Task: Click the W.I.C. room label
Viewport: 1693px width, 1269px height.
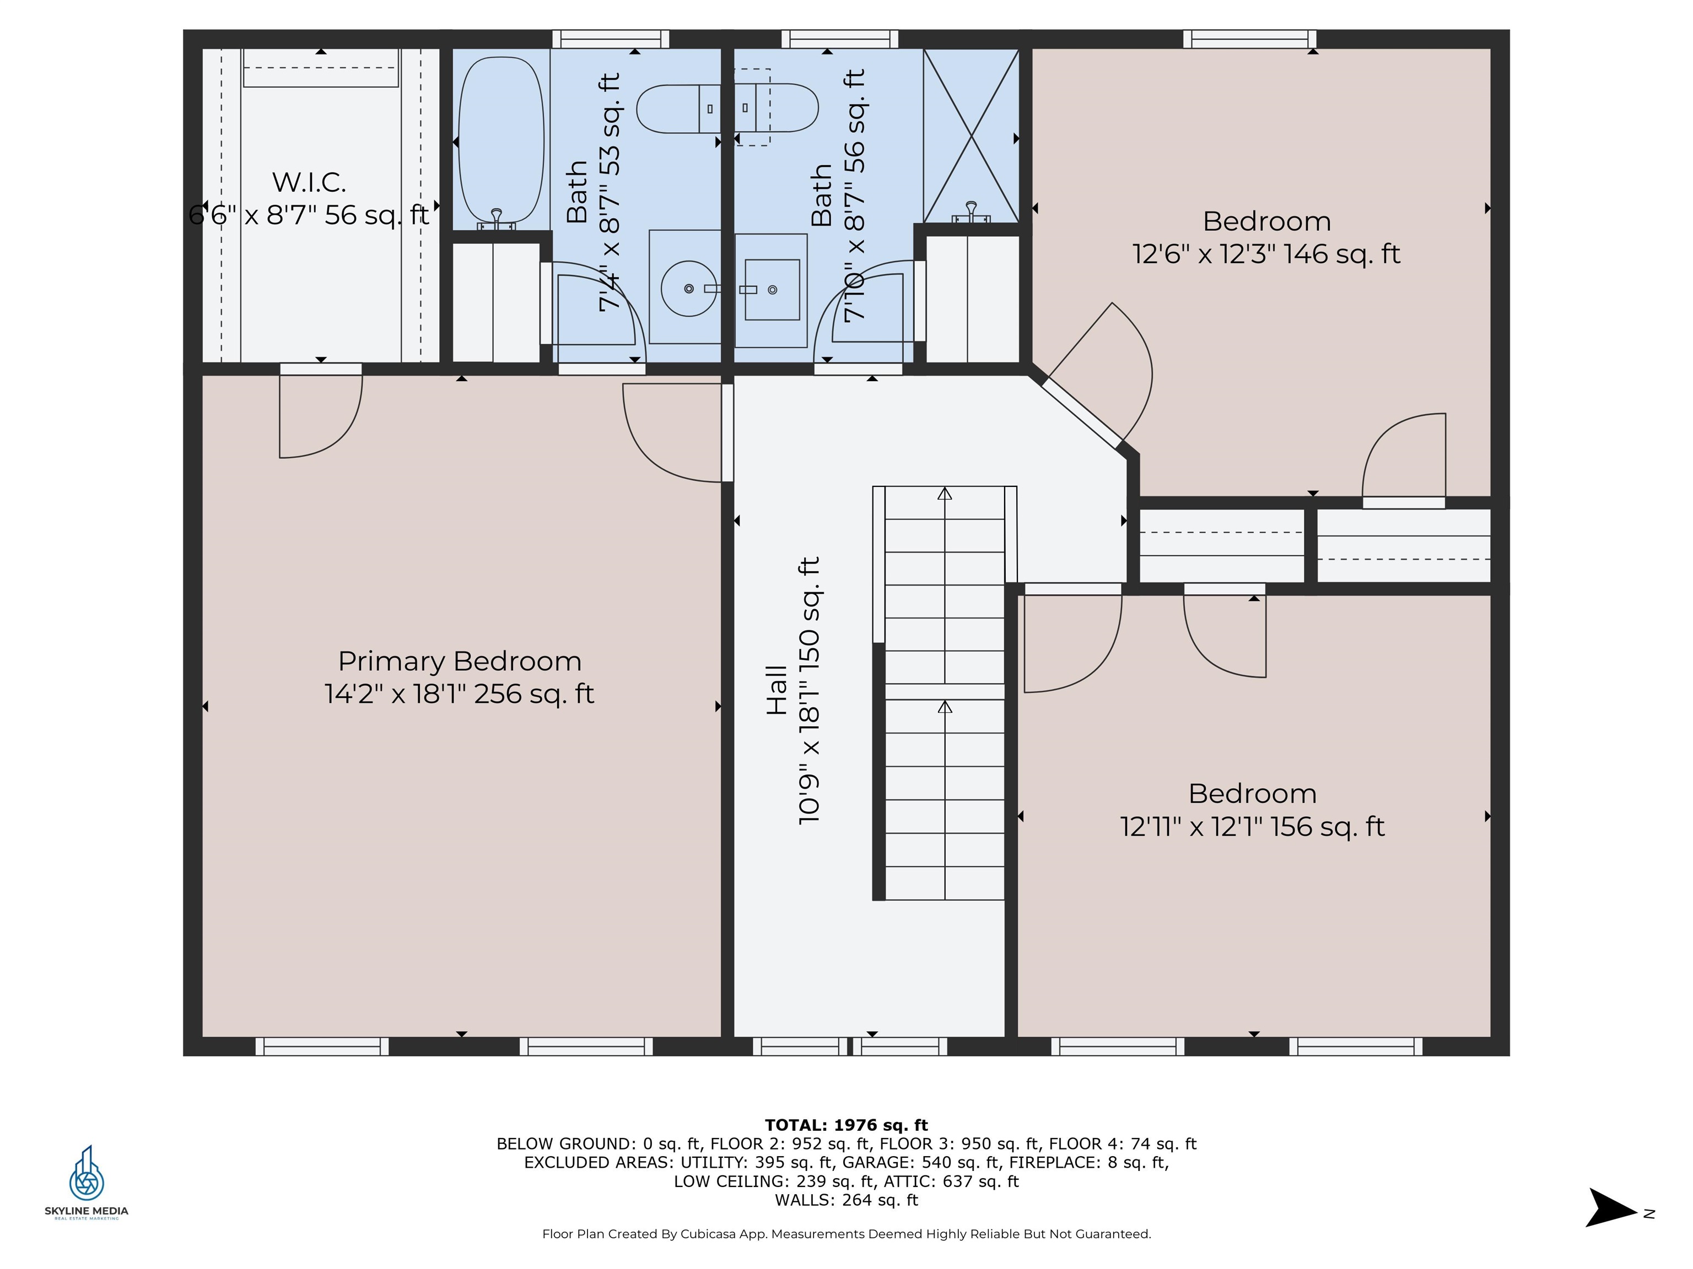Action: click(x=309, y=182)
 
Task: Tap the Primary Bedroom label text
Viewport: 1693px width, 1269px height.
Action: click(x=459, y=661)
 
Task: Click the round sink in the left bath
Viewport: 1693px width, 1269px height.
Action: click(x=689, y=289)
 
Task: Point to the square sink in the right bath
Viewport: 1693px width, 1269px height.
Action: click(x=772, y=289)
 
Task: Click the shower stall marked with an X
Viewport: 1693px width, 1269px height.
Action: click(x=971, y=136)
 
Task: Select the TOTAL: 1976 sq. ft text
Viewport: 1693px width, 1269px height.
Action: click(x=846, y=1125)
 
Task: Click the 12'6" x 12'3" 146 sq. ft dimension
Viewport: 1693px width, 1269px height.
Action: click(x=1266, y=254)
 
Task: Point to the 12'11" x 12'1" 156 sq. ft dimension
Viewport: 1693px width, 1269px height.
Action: click(x=1252, y=827)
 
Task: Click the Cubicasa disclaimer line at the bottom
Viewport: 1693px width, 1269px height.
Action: click(x=846, y=1234)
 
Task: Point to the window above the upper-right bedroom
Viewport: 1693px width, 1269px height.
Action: click(x=1249, y=39)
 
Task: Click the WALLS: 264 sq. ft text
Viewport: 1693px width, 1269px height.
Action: click(x=846, y=1200)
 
